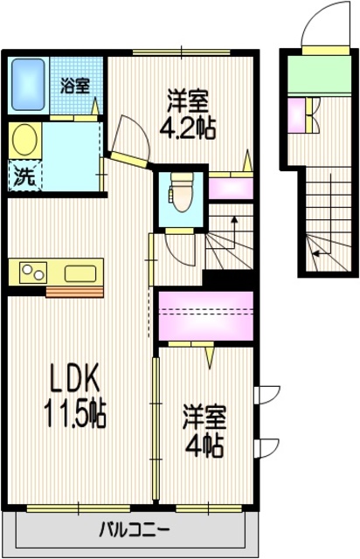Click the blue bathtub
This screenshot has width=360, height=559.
[29, 83]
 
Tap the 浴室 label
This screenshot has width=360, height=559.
[75, 86]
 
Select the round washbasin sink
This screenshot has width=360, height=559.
[25, 140]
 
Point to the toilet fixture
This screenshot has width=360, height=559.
[182, 191]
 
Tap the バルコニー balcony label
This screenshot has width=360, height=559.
[134, 528]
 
